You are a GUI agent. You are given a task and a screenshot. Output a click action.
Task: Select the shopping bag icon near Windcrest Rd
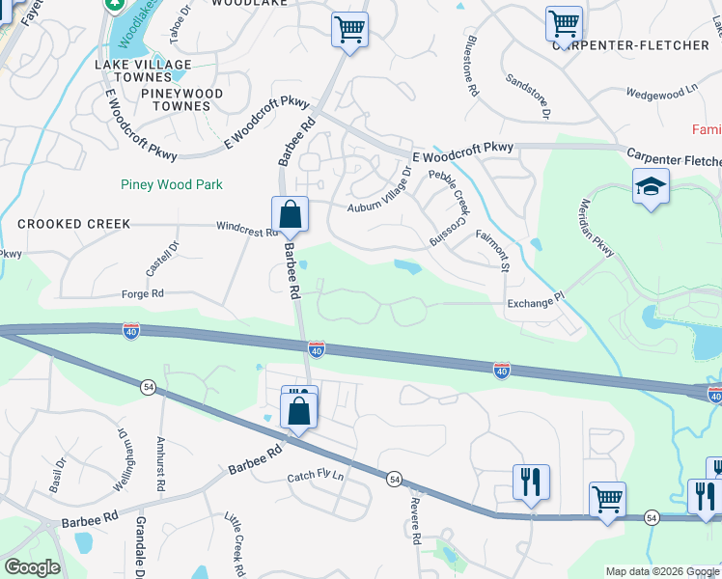(x=289, y=214)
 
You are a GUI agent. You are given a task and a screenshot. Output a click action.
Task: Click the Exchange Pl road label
(x=534, y=302)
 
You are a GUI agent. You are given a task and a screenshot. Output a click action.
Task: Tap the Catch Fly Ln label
(x=316, y=478)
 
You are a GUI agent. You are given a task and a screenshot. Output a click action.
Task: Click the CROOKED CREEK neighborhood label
(x=73, y=224)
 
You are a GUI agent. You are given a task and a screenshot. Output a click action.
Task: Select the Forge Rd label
(x=143, y=294)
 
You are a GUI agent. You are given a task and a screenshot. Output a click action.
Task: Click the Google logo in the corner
(x=32, y=567)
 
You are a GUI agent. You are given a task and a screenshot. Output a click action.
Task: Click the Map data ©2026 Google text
(x=661, y=571)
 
